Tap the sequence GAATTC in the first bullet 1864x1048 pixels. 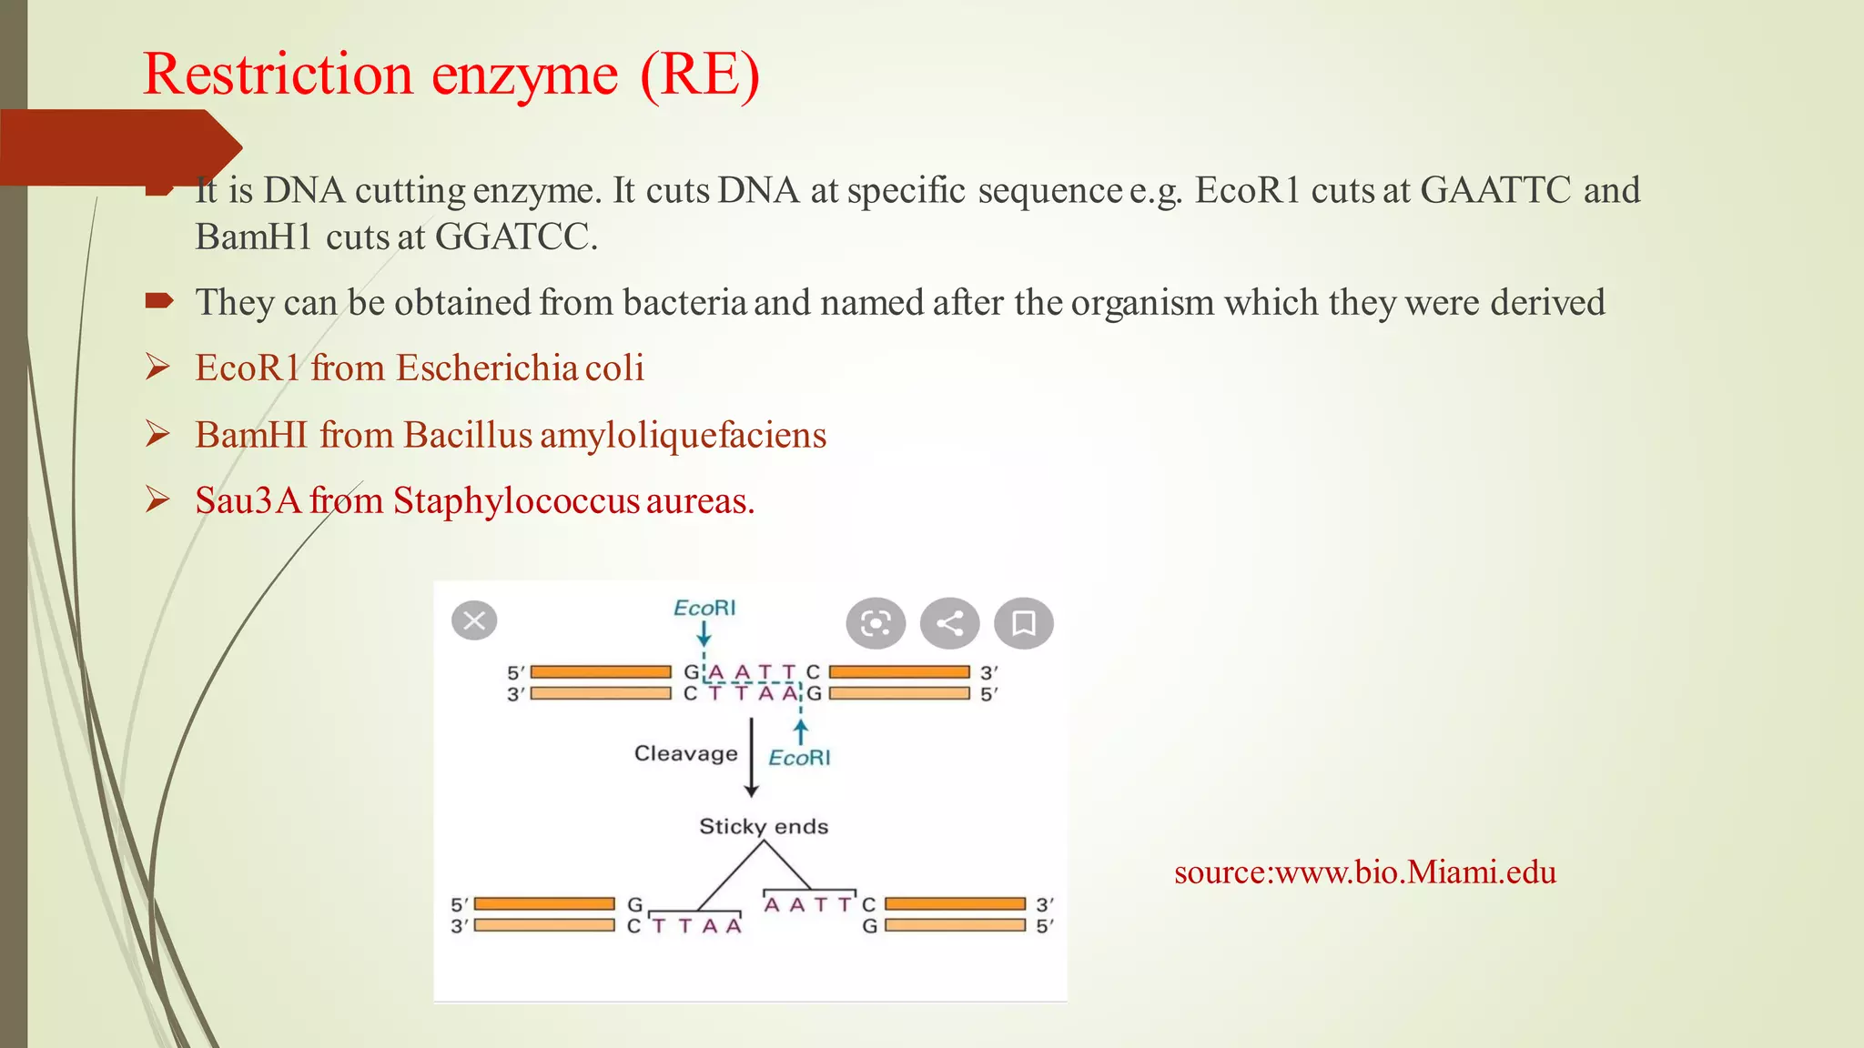point(1495,190)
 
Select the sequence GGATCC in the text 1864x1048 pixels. point(515,237)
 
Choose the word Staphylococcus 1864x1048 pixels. point(516,501)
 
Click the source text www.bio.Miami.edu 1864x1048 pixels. point(1365,872)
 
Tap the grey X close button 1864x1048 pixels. point(474,621)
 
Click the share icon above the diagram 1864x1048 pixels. point(949,623)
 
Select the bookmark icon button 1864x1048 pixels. point(1024,623)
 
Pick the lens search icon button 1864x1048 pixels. point(876,623)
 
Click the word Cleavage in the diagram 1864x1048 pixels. point(685,753)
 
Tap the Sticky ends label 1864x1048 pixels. point(764,826)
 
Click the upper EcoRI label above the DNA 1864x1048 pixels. point(704,608)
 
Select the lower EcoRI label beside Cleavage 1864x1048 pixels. point(799,758)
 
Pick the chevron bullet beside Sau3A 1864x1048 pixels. point(157,500)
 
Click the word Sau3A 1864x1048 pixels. point(248,501)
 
